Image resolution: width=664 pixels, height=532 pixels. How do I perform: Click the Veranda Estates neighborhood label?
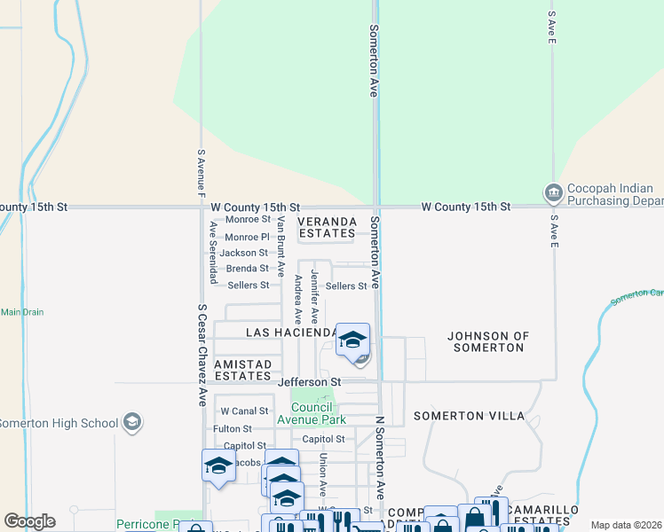click(x=328, y=227)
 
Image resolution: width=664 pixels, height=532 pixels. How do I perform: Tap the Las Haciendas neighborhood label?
click(x=290, y=332)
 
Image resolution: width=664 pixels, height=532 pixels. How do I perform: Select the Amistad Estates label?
click(x=242, y=371)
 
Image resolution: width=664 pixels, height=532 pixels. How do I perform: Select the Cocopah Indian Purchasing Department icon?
click(x=552, y=192)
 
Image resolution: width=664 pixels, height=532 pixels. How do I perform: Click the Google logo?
click(x=29, y=521)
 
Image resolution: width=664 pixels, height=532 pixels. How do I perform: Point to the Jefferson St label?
click(x=310, y=382)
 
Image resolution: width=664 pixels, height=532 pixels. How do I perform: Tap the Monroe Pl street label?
click(x=247, y=237)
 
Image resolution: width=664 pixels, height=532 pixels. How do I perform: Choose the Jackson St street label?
click(x=244, y=253)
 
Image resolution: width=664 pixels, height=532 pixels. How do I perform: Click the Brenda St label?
click(x=247, y=269)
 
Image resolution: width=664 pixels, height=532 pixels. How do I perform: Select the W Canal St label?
click(x=244, y=411)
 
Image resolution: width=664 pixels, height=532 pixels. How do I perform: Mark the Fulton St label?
click(x=233, y=429)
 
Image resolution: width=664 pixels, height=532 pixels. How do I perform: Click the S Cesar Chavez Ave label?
click(x=202, y=355)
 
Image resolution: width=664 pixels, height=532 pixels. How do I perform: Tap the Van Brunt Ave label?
click(x=281, y=246)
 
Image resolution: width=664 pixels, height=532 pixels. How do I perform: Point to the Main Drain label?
click(x=22, y=312)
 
